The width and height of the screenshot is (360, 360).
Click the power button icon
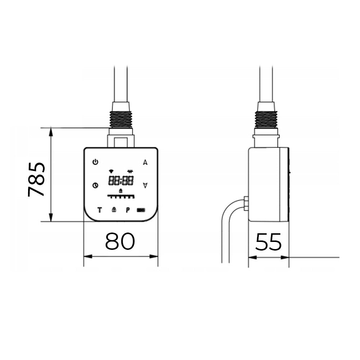[95, 162]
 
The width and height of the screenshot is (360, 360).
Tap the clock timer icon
[95, 185]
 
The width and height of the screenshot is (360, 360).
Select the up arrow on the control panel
[145, 162]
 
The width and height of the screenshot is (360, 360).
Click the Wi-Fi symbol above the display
[111, 171]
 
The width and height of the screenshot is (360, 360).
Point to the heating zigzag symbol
[130, 171]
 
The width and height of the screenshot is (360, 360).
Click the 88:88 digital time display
[121, 181]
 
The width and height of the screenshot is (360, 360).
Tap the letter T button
[99, 210]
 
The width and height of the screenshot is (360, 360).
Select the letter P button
[128, 210]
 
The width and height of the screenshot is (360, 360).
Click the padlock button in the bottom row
[114, 210]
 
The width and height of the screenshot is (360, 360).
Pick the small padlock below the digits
[121, 190]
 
